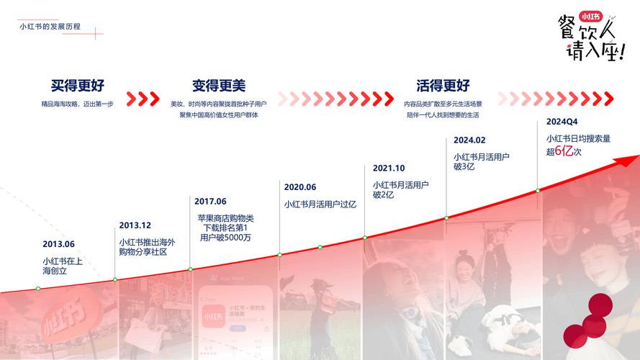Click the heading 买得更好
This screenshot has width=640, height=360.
tap(77, 86)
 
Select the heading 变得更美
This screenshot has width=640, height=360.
tap(219, 86)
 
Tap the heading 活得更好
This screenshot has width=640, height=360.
tap(443, 86)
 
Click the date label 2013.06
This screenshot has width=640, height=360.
tap(58, 244)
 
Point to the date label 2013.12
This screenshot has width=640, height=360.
tap(135, 225)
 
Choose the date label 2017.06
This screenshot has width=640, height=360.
tap(210, 201)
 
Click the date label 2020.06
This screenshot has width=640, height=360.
tap(300, 186)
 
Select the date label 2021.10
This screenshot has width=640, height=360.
tap(389, 168)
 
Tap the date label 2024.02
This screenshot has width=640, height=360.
tap(469, 140)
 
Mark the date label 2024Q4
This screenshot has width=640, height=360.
tap(562, 122)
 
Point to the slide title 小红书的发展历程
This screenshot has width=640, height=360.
tap(50, 27)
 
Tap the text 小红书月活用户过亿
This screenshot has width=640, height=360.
tap(320, 204)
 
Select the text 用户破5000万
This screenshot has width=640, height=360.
tap(226, 238)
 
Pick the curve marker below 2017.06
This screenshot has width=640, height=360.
tap(191, 269)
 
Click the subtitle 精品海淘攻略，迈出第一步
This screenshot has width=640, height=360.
tap(77, 104)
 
